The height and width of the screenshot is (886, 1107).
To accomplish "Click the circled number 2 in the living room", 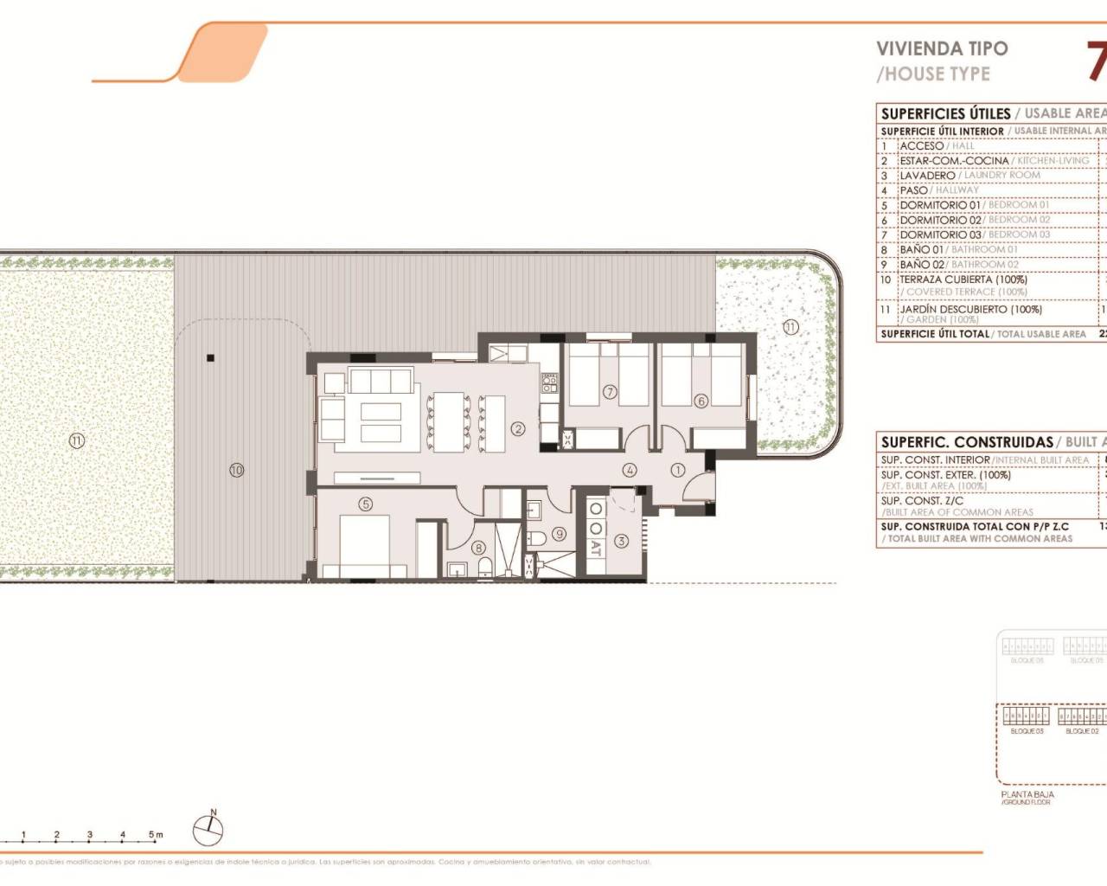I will [x=518, y=428].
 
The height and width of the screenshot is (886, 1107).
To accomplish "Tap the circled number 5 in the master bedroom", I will [x=366, y=504].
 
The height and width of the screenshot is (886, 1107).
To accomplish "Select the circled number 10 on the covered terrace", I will [x=236, y=470].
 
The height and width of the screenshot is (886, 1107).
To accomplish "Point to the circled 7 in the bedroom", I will [x=609, y=392].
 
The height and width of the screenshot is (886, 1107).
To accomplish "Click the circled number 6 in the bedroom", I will [x=701, y=401].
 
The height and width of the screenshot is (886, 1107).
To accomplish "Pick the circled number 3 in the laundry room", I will [x=621, y=542].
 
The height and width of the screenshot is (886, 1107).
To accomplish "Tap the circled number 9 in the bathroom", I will [x=560, y=534].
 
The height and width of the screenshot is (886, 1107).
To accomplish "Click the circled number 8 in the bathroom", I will [x=478, y=547].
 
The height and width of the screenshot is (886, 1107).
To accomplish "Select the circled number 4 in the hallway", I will [x=630, y=470].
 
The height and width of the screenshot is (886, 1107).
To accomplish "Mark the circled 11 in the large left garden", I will [x=76, y=440].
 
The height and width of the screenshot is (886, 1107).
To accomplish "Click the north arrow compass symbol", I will [x=208, y=830].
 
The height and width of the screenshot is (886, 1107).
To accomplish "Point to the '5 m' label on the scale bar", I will [x=155, y=835].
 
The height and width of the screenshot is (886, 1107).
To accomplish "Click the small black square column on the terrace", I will [x=210, y=357].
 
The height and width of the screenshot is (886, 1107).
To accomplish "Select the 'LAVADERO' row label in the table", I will [x=927, y=176].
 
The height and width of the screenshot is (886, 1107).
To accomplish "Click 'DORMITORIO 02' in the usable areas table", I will [x=940, y=220].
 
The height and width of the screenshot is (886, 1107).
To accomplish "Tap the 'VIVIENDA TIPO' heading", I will [x=942, y=49].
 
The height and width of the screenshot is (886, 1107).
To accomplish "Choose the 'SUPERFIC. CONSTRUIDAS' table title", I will [x=967, y=442].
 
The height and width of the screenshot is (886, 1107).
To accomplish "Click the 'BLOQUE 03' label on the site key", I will [x=1027, y=731].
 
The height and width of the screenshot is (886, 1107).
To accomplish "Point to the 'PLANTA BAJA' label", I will [x=1027, y=794].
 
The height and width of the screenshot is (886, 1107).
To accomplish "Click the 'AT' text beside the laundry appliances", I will [x=595, y=547].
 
